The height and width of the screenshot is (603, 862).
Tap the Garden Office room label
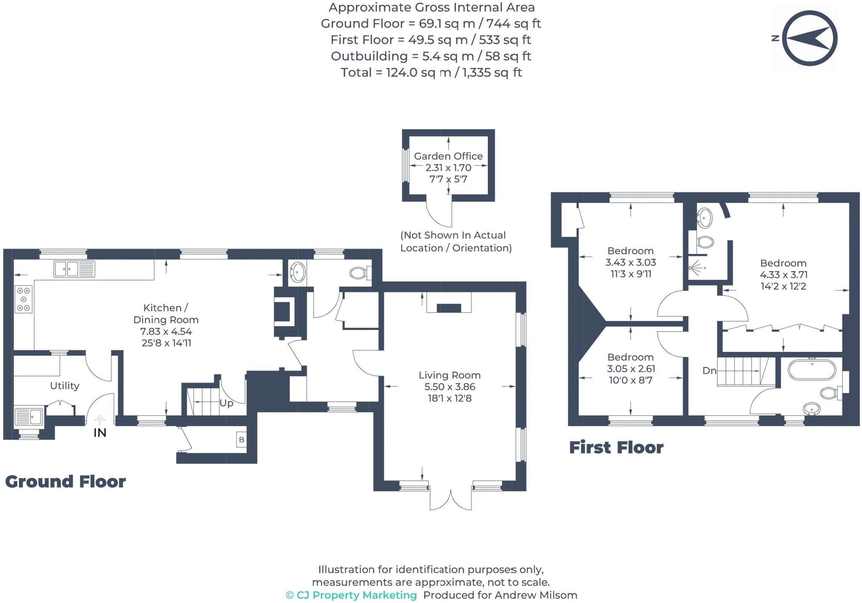point(448,156)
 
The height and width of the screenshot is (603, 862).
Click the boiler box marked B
point(242,440)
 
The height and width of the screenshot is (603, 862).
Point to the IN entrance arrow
point(100,420)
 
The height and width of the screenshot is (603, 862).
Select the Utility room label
point(64,386)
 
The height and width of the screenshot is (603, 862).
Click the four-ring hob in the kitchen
point(24,299)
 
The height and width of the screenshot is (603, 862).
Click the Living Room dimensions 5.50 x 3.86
point(450,386)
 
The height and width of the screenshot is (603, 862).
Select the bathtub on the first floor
point(812,370)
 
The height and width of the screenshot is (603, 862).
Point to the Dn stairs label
point(709,370)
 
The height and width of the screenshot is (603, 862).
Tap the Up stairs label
point(226,403)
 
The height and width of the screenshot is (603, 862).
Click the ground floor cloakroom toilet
point(359,273)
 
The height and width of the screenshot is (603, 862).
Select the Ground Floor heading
point(65,482)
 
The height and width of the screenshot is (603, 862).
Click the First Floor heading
point(616,448)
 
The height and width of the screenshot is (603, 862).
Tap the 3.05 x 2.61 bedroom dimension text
point(631,369)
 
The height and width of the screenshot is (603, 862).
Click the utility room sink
point(29,416)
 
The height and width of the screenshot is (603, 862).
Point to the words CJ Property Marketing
point(356,595)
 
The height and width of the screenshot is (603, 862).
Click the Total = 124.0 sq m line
point(431,72)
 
